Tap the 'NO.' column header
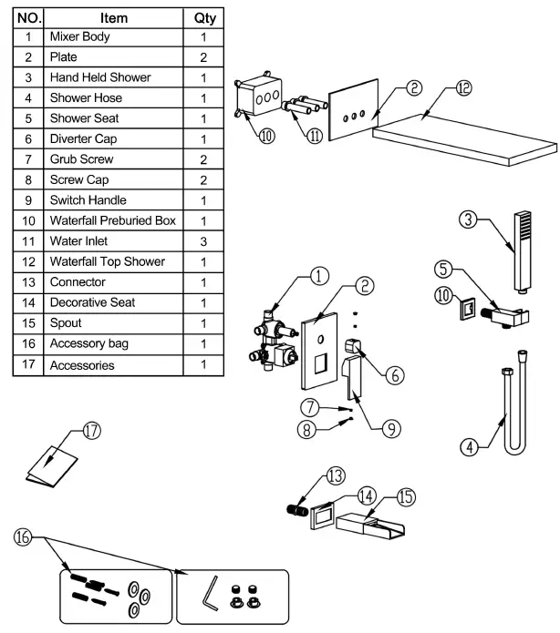coord(28,17)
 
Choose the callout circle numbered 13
coord(337,475)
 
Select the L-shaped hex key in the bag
coord(211,597)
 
